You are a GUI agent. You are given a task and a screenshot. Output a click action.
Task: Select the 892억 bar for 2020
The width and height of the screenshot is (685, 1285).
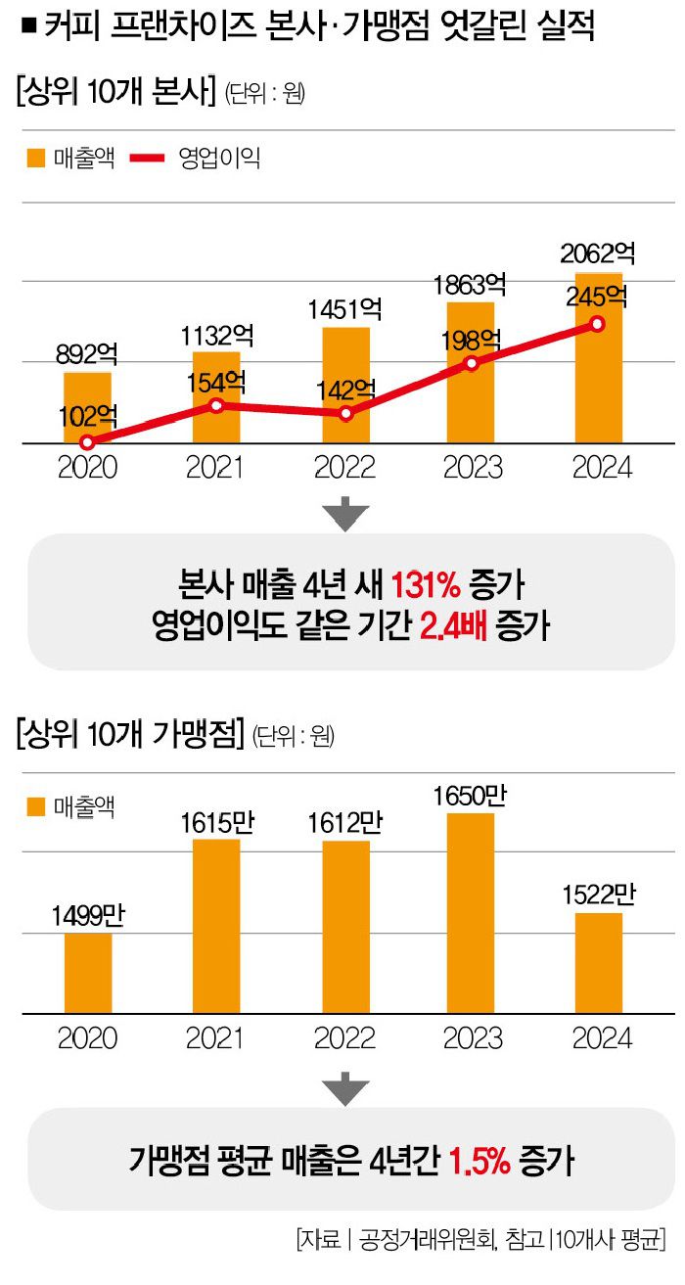[87, 407]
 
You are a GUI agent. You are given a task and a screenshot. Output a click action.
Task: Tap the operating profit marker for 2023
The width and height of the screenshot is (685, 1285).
[471, 363]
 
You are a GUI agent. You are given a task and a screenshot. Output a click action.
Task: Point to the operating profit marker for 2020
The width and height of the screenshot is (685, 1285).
[87, 442]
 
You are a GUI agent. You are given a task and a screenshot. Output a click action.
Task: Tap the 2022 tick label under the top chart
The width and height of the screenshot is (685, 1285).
[343, 467]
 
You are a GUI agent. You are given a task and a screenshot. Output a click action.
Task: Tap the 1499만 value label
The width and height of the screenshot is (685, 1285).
[87, 916]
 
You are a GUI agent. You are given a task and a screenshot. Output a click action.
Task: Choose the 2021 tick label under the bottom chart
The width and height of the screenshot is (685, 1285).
[216, 1037]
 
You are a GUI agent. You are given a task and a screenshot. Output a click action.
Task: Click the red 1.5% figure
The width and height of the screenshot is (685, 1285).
[479, 1161]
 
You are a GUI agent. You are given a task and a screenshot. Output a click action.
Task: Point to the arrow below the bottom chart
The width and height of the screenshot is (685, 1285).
[344, 1085]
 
